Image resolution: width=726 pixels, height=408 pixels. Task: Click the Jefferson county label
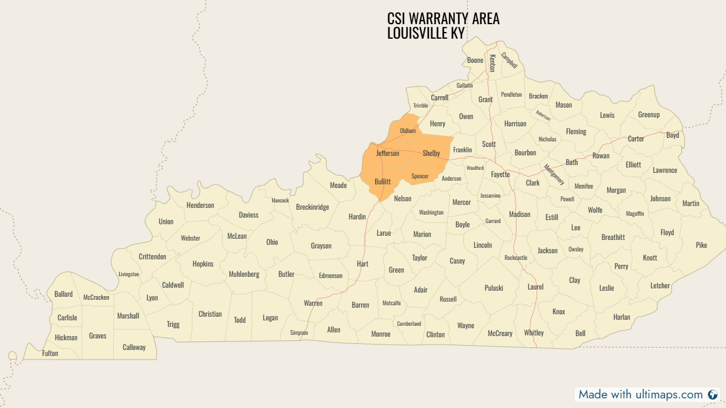click(x=387, y=154)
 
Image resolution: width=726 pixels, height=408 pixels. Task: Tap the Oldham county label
click(x=408, y=131)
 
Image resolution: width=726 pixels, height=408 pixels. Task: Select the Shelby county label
click(x=431, y=154)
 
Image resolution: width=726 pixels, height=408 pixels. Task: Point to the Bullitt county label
click(x=382, y=181)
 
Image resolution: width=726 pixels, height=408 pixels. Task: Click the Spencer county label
click(x=420, y=176)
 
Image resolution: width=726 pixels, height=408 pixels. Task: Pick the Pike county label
click(x=701, y=245)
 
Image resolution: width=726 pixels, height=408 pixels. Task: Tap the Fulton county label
click(x=50, y=354)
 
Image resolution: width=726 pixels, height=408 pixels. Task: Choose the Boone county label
click(x=475, y=60)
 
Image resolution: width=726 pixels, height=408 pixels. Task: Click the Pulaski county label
click(x=494, y=288)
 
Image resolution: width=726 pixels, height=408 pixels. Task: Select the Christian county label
click(x=210, y=314)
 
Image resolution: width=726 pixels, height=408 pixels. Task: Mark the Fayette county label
click(x=500, y=175)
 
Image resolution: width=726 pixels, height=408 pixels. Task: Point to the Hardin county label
click(x=357, y=216)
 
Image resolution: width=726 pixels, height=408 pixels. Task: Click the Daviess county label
click(x=248, y=215)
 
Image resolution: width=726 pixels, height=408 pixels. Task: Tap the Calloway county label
click(x=134, y=348)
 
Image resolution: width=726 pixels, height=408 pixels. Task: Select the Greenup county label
click(x=649, y=115)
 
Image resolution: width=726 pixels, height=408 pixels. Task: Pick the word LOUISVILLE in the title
click(x=417, y=33)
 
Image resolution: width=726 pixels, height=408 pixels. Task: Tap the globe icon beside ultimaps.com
click(x=713, y=395)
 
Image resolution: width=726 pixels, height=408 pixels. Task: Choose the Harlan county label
click(x=621, y=317)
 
